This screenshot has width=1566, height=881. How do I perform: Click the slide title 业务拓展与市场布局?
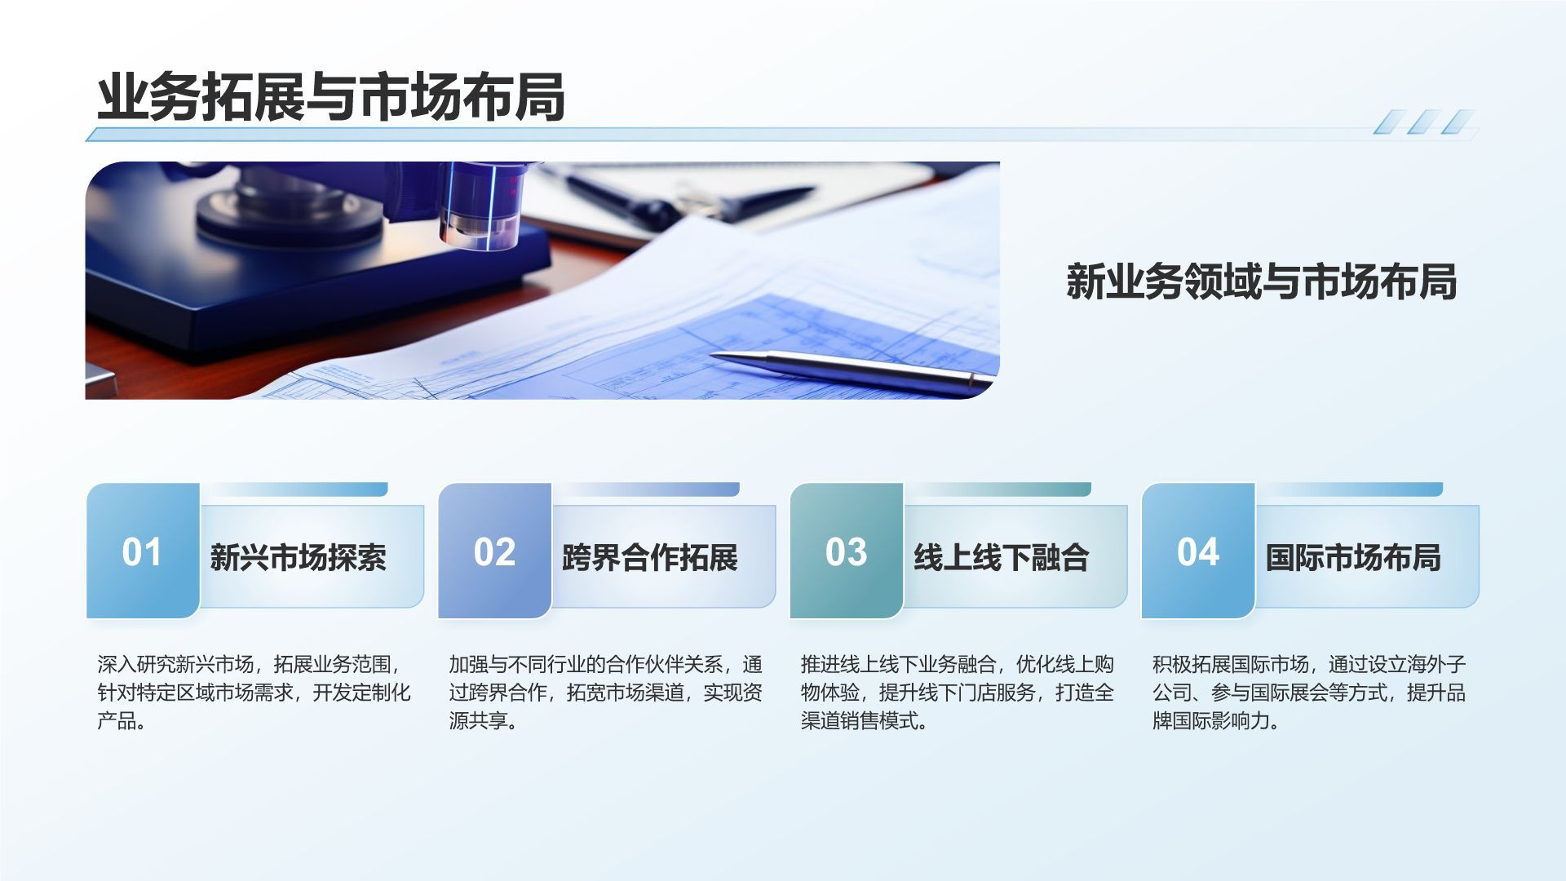coord(330,98)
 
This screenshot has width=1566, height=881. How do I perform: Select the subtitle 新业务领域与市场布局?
coord(1261,282)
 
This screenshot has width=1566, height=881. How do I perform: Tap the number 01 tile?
coord(143,551)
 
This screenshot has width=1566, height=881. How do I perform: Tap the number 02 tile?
coord(494,551)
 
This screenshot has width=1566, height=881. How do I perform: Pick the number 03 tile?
coord(846,551)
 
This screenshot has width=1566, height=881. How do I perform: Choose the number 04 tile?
coord(1197,551)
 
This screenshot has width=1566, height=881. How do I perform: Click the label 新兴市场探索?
coord(298,558)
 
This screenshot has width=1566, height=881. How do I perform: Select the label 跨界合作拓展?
coord(649,558)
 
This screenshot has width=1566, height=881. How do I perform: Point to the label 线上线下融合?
coord(1001,558)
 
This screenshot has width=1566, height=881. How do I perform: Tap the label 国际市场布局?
coord(1353,558)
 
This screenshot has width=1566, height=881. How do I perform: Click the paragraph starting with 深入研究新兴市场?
coord(254,693)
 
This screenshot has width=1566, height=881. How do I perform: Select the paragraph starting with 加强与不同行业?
coord(605,693)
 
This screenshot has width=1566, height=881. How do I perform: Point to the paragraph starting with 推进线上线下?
coord(957,693)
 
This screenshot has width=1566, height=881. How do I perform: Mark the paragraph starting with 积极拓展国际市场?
coord(1308,693)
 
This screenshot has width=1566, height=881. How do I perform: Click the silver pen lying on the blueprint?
coord(848,368)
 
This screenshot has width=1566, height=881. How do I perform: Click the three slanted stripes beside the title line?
coord(1422,122)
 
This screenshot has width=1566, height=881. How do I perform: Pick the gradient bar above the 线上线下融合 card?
coord(999,489)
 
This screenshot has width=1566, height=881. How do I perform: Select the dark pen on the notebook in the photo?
coord(693,196)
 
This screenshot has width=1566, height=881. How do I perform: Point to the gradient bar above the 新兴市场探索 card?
coord(295,489)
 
